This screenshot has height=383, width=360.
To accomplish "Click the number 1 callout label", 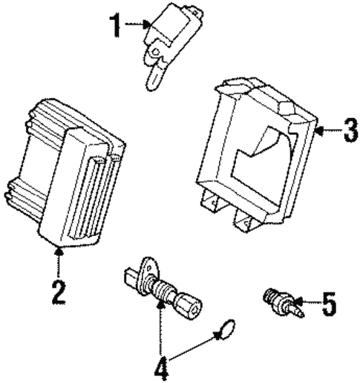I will pos(115,25).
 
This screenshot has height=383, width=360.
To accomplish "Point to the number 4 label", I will pos(161,367).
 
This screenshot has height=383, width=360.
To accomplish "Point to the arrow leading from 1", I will pos(137,25).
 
